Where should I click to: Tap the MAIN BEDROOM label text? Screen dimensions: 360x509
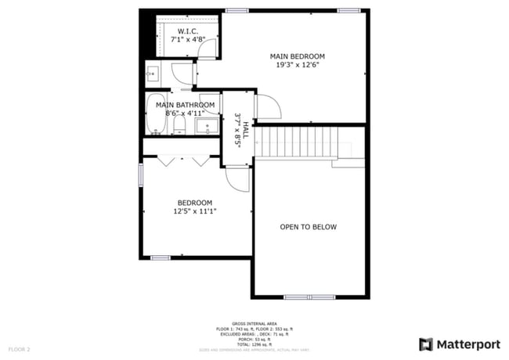pos(297,56)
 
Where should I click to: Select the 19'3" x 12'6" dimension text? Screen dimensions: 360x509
pos(297,66)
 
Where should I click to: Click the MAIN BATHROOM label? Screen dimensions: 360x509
pos(185,105)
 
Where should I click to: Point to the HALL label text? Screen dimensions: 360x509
pos(245,130)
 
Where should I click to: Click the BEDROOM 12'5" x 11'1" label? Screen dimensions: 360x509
pos(194,203)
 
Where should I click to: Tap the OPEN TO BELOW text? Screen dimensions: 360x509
pos(309,227)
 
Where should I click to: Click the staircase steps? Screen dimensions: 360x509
pos(296,142)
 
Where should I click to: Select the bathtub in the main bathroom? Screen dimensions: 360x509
pos(155,115)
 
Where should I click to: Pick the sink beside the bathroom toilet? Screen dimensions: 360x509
pos(208,125)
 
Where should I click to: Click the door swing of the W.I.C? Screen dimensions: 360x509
pos(208,49)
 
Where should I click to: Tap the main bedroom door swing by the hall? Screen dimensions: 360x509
pos(266,107)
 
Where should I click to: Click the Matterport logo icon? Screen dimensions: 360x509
pos(426,344)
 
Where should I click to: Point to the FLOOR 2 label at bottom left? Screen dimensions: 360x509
pos(19,348)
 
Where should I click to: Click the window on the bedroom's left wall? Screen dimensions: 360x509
pos(141,175)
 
